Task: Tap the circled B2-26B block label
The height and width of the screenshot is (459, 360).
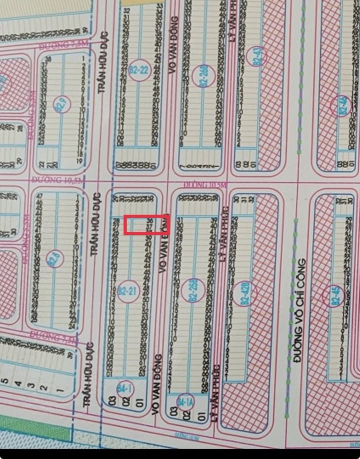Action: click(x=203, y=76)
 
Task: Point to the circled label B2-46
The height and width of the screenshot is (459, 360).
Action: click(x=342, y=106)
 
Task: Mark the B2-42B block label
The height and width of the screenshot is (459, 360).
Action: click(x=246, y=293)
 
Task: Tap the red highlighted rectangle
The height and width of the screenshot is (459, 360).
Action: click(x=146, y=224)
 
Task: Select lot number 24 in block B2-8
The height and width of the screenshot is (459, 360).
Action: click(x=71, y=326)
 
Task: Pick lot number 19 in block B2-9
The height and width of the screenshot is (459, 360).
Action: click(x=79, y=161)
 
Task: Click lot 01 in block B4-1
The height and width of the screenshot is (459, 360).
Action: click(x=139, y=400)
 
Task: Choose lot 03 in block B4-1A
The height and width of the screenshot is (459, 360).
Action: click(x=174, y=411)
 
